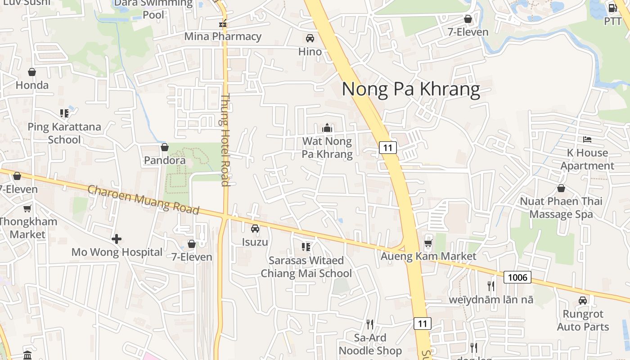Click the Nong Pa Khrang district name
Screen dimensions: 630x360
tap(411, 89)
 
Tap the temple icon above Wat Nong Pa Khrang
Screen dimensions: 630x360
tap(327, 128)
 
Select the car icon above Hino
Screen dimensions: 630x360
tap(310, 38)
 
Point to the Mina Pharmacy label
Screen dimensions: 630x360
tap(223, 36)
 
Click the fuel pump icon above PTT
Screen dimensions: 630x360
tap(612, 8)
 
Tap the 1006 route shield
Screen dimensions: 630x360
tap(517, 277)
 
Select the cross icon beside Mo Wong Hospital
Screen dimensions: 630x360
tap(117, 238)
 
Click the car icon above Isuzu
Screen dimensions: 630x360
tap(255, 229)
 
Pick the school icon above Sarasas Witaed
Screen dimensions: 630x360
tap(306, 247)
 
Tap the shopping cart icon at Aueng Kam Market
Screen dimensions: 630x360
tap(428, 243)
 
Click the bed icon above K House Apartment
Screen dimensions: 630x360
tap(587, 139)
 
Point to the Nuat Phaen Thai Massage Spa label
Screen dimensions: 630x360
tap(561, 207)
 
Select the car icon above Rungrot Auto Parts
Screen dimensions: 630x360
tap(583, 300)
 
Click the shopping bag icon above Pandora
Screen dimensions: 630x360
tap(165, 147)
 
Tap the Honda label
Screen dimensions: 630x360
tap(32, 85)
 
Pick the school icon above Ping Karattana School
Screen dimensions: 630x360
tap(64, 113)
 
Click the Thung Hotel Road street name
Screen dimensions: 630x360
tap(225, 139)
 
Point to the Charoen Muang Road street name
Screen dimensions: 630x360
tap(143, 199)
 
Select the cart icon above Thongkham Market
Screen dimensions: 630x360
tap(27, 208)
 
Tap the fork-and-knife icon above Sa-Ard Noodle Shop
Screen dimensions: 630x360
tap(370, 324)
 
